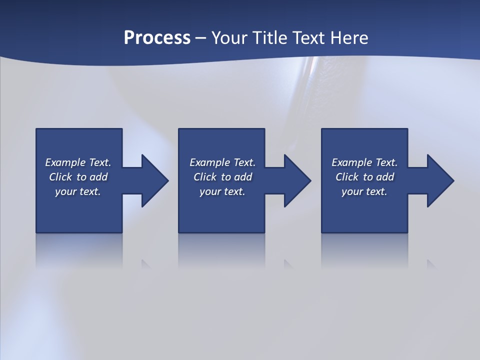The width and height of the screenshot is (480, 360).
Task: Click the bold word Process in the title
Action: coord(157,38)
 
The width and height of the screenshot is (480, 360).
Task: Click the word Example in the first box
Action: coord(65,162)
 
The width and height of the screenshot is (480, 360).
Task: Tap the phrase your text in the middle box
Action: coord(222,191)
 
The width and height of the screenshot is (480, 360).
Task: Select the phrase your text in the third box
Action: coord(364,191)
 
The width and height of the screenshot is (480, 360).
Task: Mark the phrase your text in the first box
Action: coord(77,191)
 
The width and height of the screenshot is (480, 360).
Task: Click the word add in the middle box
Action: coord(243,177)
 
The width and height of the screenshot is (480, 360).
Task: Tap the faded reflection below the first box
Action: coord(79,250)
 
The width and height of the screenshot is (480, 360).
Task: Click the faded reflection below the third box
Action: coord(364,250)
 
